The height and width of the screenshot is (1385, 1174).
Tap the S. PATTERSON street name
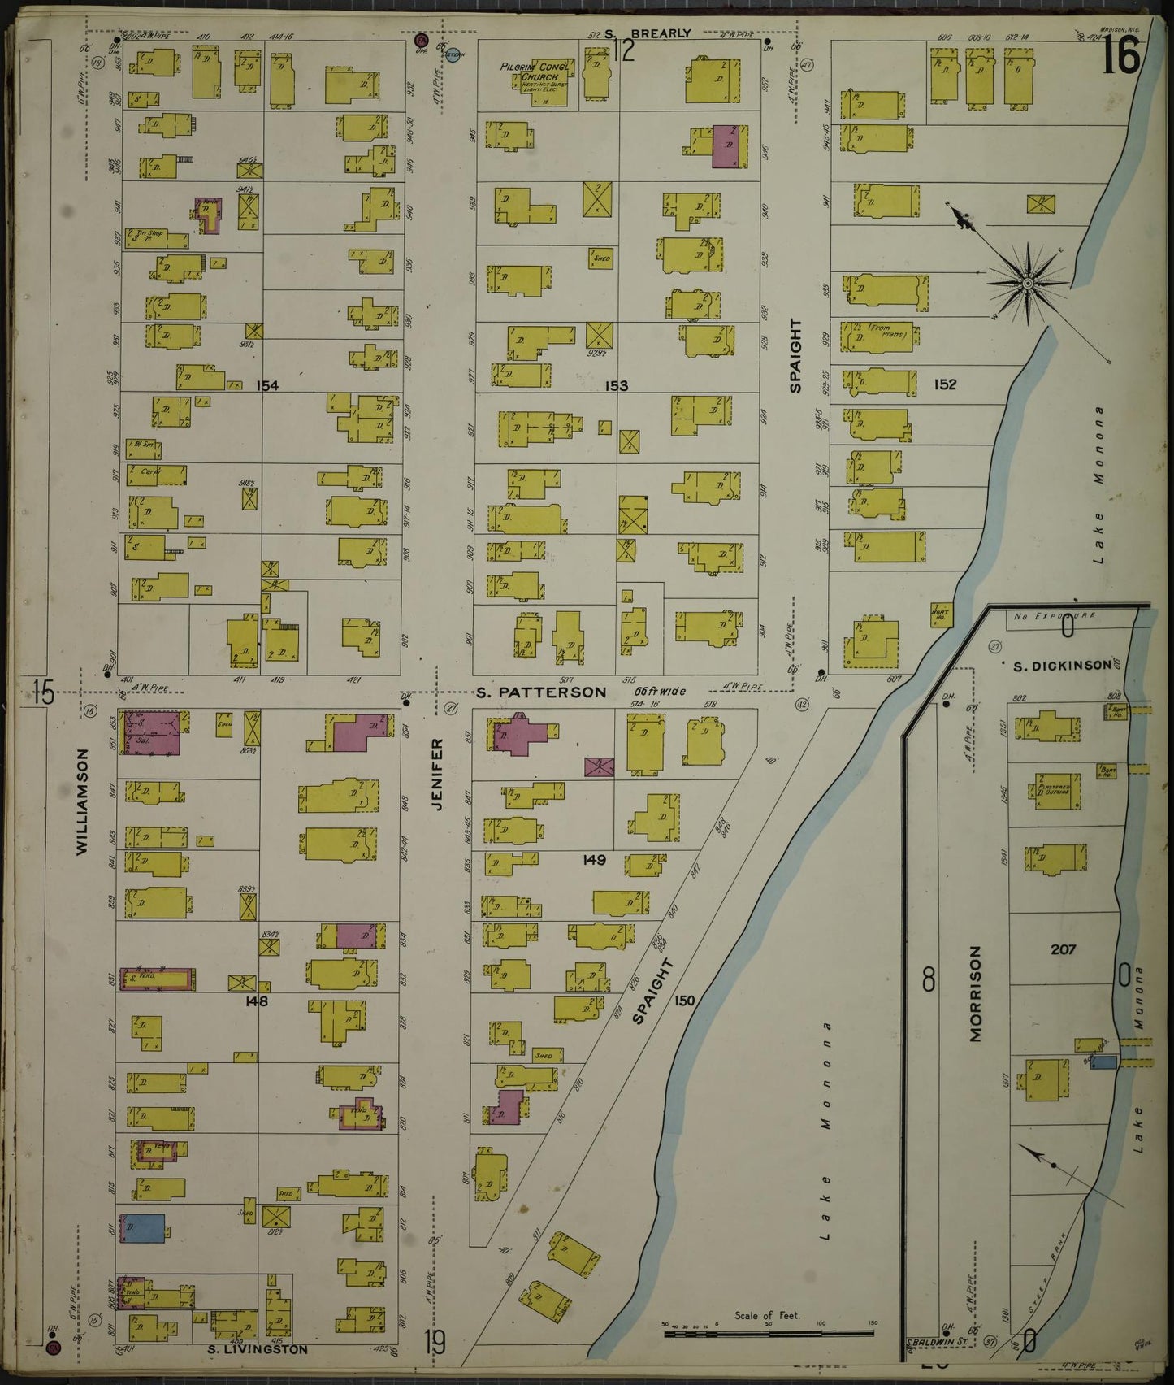[x=541, y=692]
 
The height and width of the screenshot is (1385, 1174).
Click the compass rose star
[x=1027, y=282]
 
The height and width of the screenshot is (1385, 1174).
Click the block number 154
[x=266, y=385]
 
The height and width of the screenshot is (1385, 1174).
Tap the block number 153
[x=617, y=385]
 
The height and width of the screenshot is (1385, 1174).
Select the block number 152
[x=945, y=384]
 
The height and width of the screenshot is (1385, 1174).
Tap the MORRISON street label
[x=976, y=993]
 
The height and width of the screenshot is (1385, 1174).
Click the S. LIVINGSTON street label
[x=256, y=1350]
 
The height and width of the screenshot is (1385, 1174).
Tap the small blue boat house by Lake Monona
[x=1103, y=1062]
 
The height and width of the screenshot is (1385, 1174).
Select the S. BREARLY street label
[x=650, y=33]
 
